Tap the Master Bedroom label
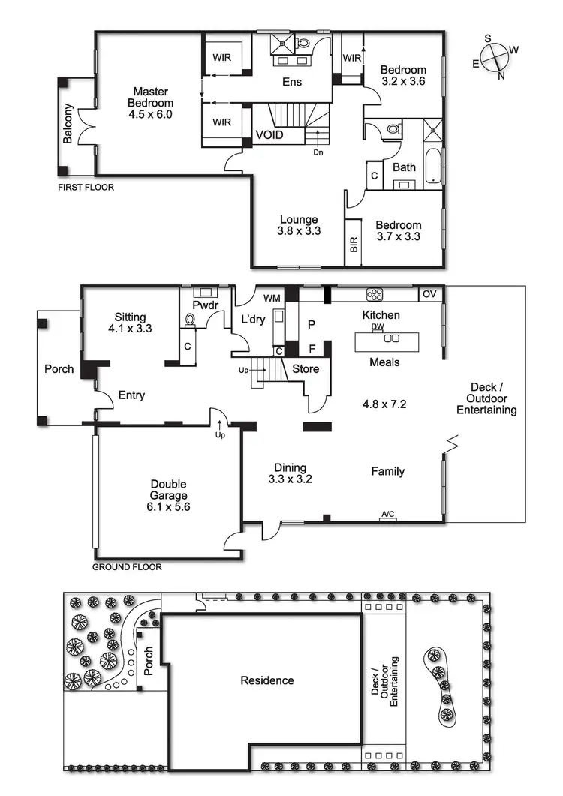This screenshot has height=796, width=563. (x=150, y=103)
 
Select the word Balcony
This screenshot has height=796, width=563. (x=68, y=123)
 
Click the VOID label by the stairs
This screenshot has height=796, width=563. (x=269, y=135)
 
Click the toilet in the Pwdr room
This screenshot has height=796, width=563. (x=190, y=319)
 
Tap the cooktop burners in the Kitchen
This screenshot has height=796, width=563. (x=374, y=293)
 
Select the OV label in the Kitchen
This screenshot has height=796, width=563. (x=429, y=293)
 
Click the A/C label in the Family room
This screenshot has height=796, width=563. (x=388, y=514)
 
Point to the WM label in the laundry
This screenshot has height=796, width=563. (x=272, y=299)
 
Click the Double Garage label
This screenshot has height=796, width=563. (x=168, y=490)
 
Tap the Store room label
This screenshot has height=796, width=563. (x=306, y=369)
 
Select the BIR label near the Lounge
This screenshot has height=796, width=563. (x=354, y=245)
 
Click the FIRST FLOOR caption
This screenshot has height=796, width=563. (x=86, y=187)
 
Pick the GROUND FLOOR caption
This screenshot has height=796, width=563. (x=127, y=567)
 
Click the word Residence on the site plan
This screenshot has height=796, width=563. (x=266, y=680)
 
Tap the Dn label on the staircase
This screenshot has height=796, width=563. (x=318, y=151)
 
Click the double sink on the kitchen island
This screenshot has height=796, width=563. (x=391, y=338)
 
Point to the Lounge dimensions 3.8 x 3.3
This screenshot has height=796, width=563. (x=299, y=231)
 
